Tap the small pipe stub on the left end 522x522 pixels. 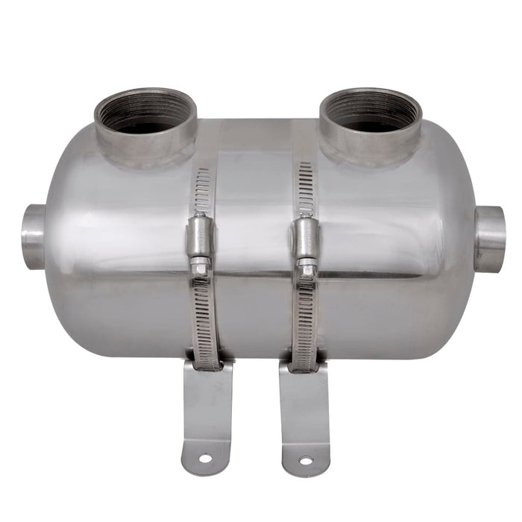coord(34,236)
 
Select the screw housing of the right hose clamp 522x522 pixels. coord(306,236)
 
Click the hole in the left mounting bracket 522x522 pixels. coord(204,458)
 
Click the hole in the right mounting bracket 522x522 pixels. coord(306,460)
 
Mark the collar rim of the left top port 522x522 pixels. coord(145,142)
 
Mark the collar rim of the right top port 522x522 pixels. coord(371,142)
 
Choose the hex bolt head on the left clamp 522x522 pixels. coord(200,265)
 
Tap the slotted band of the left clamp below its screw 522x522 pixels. coord(204,321)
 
